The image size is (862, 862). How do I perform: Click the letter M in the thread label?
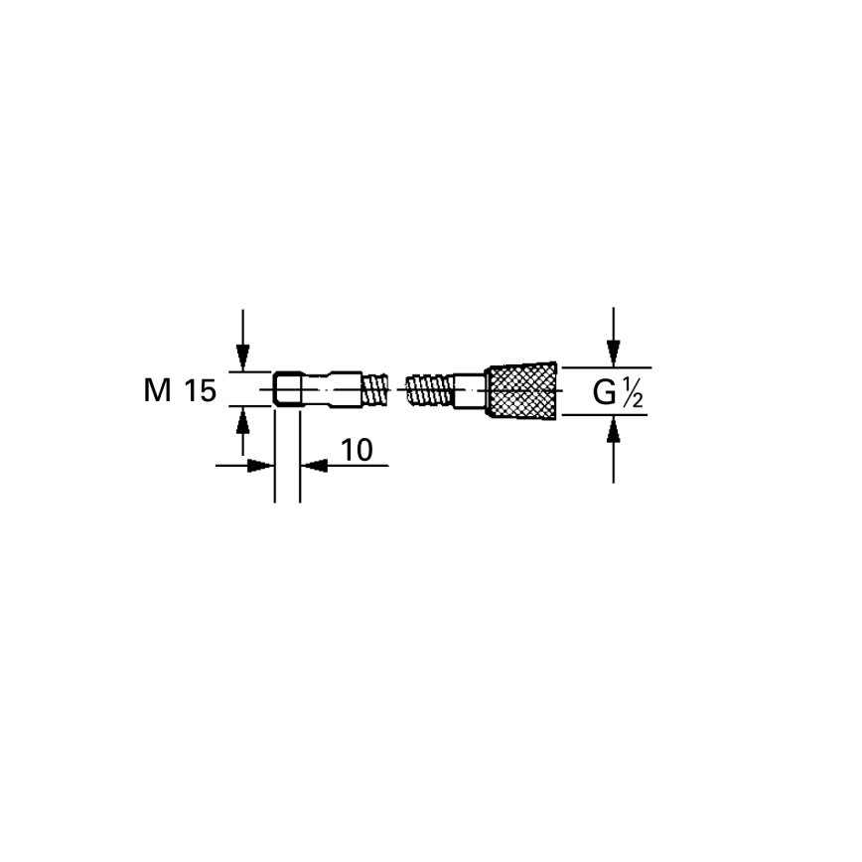pyautogui.click(x=158, y=391)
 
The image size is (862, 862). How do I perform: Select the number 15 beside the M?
pyautogui.click(x=198, y=391)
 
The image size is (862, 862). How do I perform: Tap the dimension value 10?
pyautogui.click(x=356, y=451)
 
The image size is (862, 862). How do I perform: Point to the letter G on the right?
pyautogui.click(x=604, y=393)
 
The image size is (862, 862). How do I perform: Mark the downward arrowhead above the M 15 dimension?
pyautogui.click(x=241, y=359)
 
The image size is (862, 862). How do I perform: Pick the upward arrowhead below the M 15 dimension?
pyautogui.click(x=241, y=418)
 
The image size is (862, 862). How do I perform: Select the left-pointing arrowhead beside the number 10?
pyautogui.click(x=313, y=465)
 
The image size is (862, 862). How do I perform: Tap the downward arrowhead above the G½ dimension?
pyautogui.click(x=614, y=355)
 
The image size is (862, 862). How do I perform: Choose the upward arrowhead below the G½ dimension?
pyautogui.click(x=614, y=428)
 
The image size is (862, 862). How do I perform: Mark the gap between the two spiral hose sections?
pyautogui.click(x=399, y=388)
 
